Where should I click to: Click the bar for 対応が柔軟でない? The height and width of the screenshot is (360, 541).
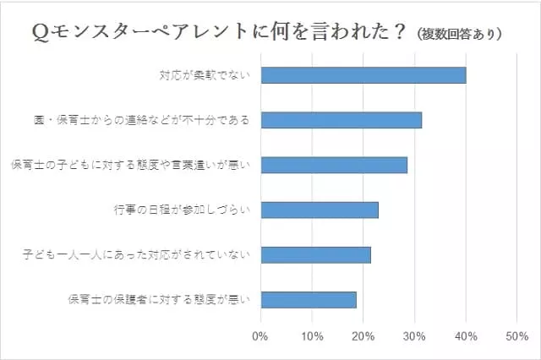[363, 75]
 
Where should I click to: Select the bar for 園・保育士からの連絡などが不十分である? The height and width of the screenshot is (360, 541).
[342, 120]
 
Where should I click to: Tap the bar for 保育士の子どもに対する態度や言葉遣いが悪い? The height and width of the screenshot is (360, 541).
[334, 165]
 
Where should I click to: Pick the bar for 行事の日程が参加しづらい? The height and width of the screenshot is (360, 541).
[320, 210]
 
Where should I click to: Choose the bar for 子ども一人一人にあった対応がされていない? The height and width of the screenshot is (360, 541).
[316, 254]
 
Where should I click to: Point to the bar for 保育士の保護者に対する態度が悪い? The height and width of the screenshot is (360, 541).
[309, 299]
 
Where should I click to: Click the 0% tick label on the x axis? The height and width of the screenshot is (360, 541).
[260, 336]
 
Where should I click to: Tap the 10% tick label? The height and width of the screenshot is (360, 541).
[312, 336]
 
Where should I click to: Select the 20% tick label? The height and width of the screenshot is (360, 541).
[363, 336]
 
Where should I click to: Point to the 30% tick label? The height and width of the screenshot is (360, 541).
[414, 336]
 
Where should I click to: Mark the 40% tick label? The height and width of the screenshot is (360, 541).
[466, 336]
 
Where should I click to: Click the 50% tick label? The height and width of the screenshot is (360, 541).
[516, 336]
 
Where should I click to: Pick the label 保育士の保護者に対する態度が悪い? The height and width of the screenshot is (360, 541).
[158, 299]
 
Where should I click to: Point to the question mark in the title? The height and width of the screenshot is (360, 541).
[396, 32]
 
